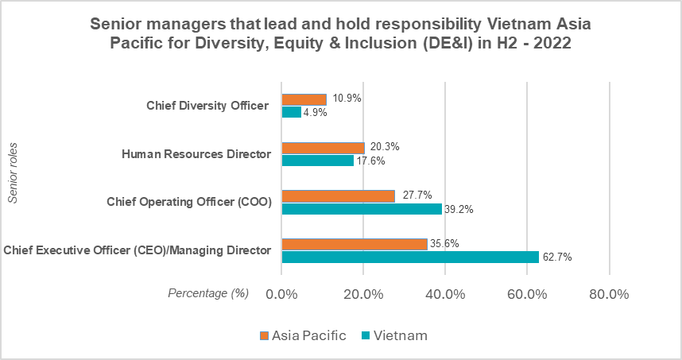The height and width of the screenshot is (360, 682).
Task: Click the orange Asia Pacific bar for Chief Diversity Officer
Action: point(304,99)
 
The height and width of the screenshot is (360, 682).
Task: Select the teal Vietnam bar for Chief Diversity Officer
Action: point(292,112)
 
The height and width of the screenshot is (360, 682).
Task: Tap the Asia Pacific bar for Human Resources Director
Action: point(324,148)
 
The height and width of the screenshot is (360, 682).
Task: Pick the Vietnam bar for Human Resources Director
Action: point(318,161)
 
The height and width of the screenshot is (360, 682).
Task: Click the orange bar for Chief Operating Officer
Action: point(339,196)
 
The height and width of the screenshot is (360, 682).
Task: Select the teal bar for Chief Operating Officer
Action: point(362,209)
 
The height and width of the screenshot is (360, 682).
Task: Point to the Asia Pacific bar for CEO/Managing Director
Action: point(355,245)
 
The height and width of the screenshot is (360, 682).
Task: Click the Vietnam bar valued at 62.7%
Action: point(410,257)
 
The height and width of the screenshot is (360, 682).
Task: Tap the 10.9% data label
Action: point(347,99)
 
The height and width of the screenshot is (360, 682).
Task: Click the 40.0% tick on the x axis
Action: point(445,294)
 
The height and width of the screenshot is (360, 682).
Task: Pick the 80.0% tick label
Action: point(609,294)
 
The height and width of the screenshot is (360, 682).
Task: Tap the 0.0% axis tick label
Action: point(282,294)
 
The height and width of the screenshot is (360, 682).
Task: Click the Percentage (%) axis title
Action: point(208,294)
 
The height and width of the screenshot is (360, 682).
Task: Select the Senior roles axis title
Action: point(13,173)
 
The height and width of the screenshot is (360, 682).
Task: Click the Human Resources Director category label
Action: point(196,154)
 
